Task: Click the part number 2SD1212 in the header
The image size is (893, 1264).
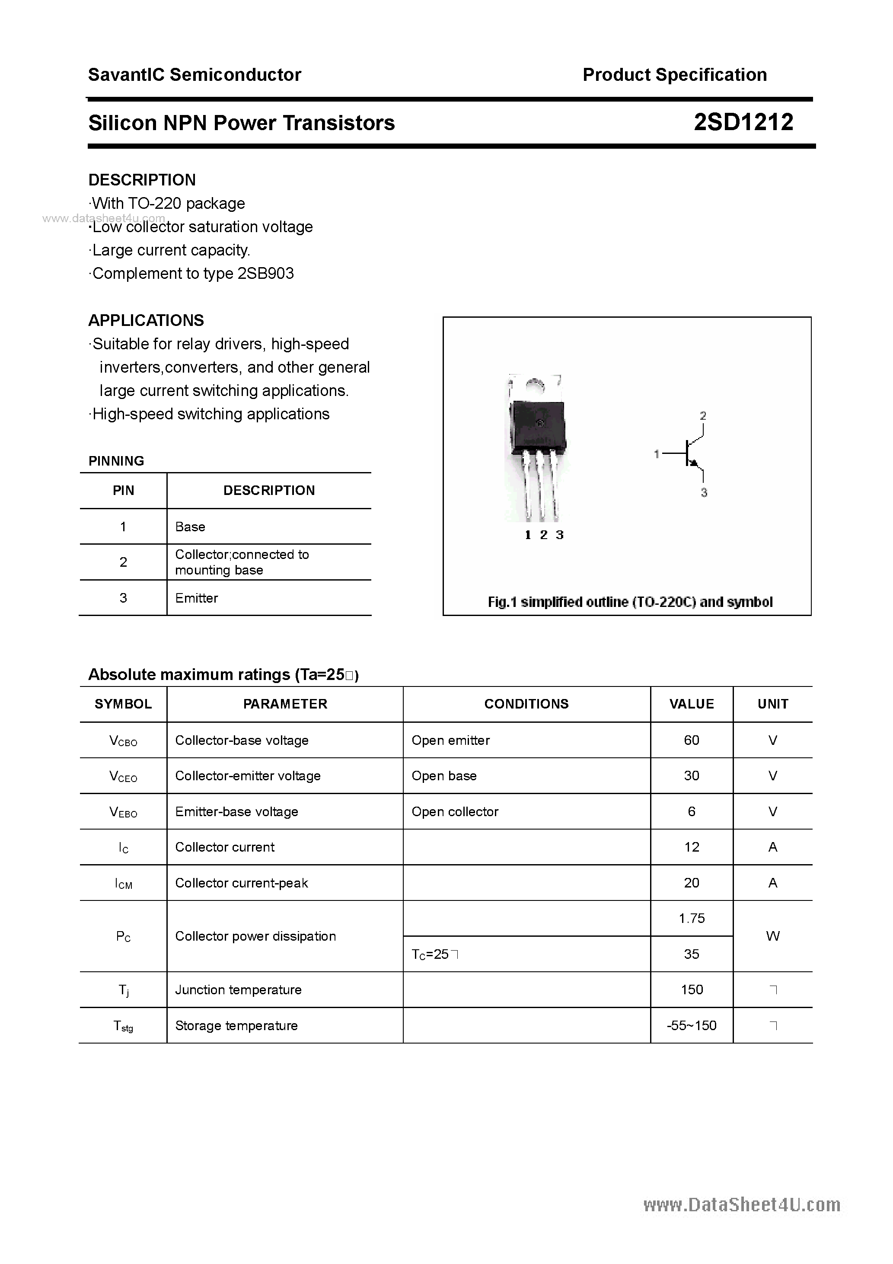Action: [743, 122]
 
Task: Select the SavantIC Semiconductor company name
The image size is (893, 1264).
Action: [195, 75]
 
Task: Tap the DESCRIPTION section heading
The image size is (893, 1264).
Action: [142, 180]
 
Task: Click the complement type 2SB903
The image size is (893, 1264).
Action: [265, 274]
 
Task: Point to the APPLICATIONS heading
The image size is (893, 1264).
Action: [146, 320]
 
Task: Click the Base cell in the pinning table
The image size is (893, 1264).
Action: [190, 527]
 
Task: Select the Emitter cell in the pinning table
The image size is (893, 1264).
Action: [197, 598]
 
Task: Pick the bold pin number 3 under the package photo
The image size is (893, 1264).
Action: [559, 535]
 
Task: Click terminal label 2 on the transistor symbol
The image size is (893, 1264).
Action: [703, 416]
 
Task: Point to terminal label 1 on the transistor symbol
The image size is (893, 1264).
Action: [656, 454]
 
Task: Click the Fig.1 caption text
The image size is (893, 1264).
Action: [630, 602]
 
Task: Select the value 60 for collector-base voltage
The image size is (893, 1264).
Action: [692, 741]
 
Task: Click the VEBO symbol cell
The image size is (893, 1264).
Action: [123, 812]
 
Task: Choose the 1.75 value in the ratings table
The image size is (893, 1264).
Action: [692, 918]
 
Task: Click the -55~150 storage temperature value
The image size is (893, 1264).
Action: [692, 1026]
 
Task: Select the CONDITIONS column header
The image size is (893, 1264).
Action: [526, 704]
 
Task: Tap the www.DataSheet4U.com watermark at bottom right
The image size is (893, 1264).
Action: [742, 1206]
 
